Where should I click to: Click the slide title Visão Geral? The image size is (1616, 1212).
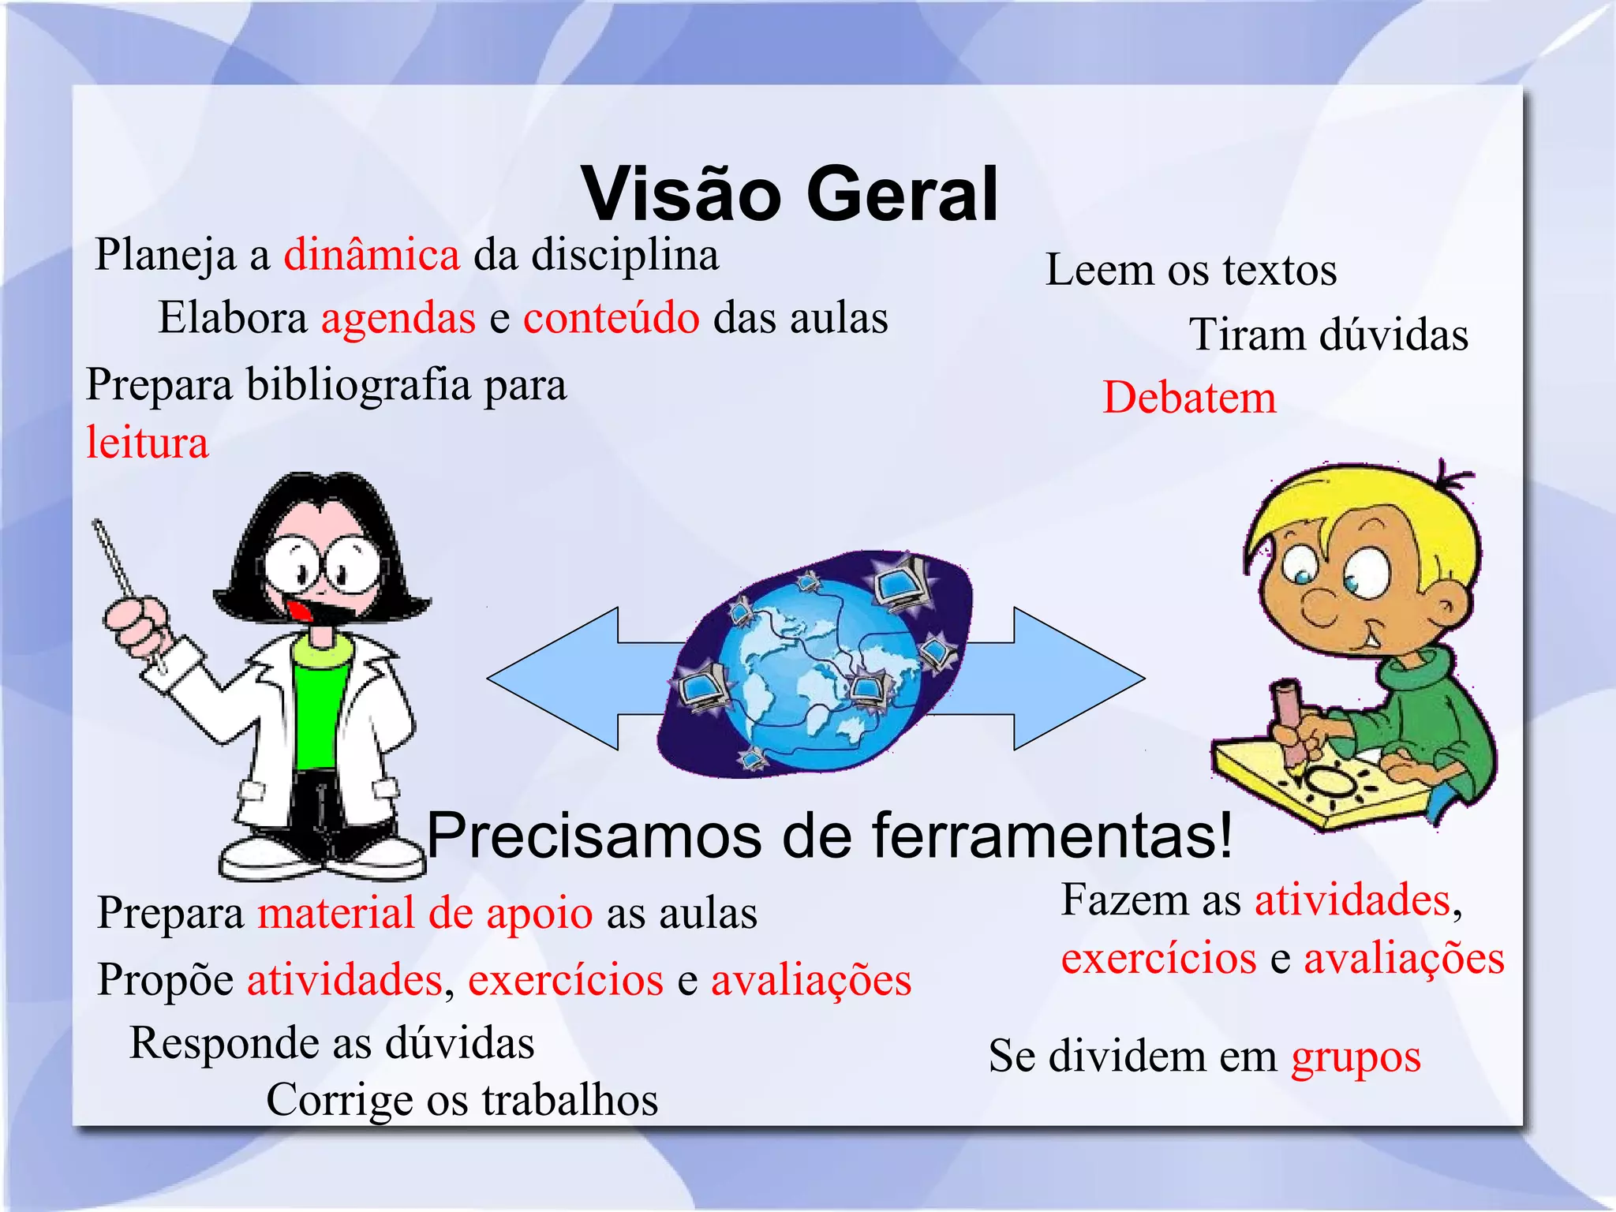[x=790, y=194]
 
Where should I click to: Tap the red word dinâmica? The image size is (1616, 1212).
[x=372, y=255]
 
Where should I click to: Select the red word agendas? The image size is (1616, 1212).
[x=398, y=318]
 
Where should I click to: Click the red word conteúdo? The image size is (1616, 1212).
[x=611, y=318]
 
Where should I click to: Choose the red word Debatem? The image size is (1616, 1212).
[x=1189, y=397]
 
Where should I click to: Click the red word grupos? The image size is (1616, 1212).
[x=1356, y=1057]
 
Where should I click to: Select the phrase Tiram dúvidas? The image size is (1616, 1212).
[x=1328, y=335]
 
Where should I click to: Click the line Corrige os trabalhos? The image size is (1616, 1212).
[x=462, y=1099]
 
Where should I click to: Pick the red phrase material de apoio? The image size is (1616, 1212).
[x=425, y=913]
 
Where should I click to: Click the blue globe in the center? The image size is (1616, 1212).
[x=817, y=675]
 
